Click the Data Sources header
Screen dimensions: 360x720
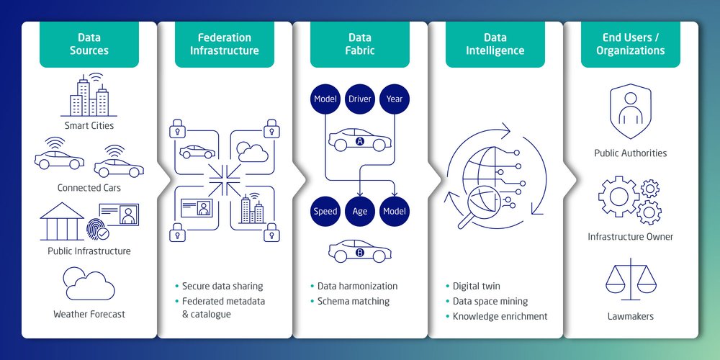89,44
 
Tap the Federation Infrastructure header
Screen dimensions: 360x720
225,44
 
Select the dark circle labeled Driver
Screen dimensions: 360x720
360,98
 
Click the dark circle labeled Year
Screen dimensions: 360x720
395,98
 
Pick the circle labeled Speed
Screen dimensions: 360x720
325,211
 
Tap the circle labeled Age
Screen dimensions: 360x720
360,211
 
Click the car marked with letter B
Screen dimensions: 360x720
360,252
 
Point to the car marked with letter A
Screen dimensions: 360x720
360,140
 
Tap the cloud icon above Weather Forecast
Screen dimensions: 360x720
89,284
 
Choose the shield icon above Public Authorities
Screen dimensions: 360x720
631,112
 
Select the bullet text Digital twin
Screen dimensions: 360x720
476,286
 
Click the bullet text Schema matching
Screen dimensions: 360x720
354,301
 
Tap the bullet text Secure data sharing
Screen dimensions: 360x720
222,286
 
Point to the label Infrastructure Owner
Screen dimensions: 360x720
631,236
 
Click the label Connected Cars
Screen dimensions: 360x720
89,188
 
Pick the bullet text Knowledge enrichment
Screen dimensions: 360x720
500,316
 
